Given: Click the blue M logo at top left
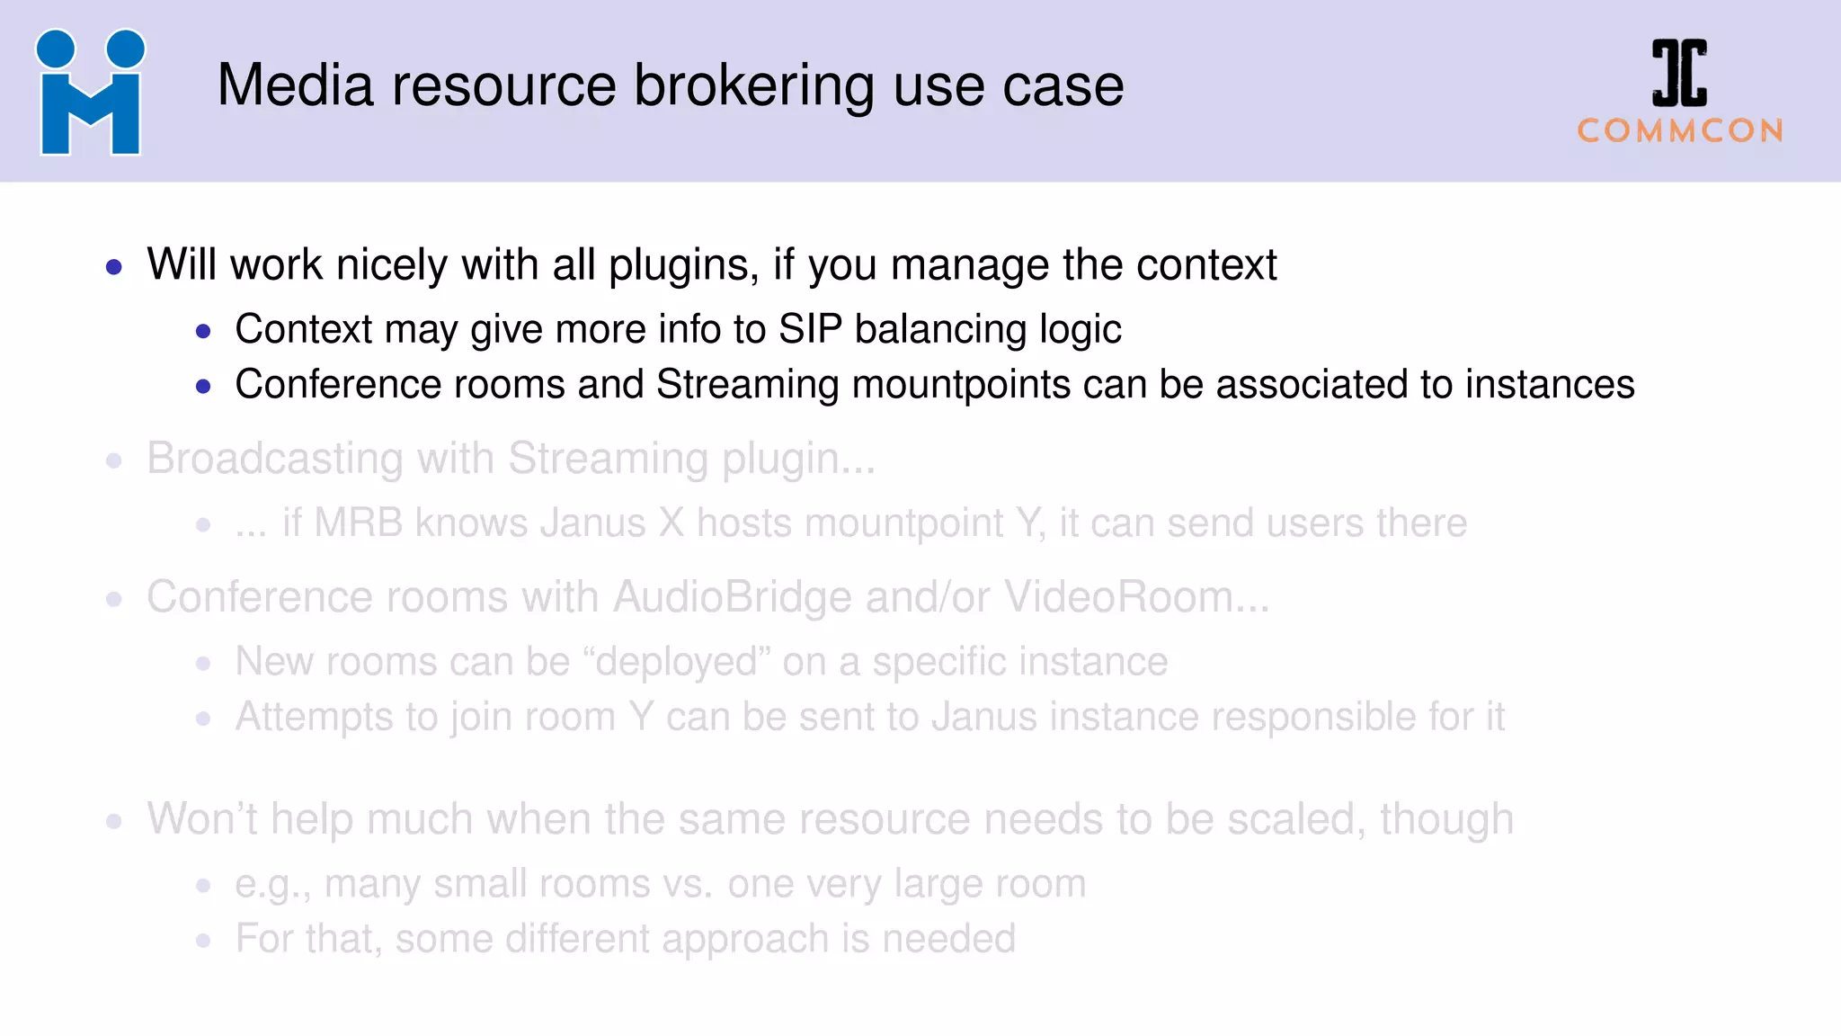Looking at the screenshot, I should (90, 93).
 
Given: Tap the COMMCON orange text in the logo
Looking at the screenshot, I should (1679, 131).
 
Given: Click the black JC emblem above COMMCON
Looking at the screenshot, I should (1678, 73).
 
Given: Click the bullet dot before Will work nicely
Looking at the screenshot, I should (114, 267).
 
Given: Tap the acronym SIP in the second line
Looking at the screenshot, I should (810, 329).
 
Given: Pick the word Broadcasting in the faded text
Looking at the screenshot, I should (274, 459).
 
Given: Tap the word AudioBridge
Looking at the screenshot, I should (732, 597).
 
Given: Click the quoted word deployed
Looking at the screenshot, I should (676, 662).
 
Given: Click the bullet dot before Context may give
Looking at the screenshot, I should (203, 332).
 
